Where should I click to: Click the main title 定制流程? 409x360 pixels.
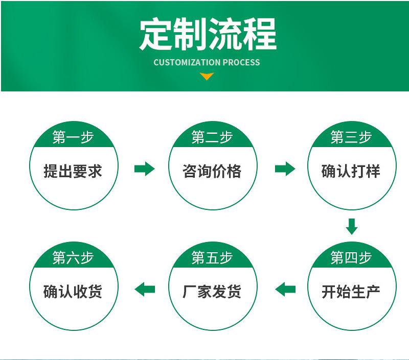(x=208, y=34)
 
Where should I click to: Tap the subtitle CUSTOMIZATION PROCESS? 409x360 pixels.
(x=207, y=62)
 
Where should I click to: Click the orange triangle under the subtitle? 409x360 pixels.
(x=207, y=76)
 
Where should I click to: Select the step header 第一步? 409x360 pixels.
(x=73, y=137)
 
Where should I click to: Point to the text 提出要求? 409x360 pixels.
(x=73, y=171)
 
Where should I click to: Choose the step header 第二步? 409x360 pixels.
(x=212, y=137)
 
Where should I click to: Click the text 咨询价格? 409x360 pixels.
(x=212, y=171)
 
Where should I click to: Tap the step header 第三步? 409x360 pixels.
(x=351, y=137)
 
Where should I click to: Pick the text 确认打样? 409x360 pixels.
(x=351, y=171)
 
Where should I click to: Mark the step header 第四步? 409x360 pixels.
(x=351, y=257)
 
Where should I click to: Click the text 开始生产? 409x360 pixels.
(x=351, y=292)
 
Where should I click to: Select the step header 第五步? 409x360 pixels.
(x=212, y=257)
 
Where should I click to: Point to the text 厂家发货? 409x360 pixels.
(x=212, y=292)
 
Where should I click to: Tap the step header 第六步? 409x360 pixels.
(x=73, y=257)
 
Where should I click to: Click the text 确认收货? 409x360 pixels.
(x=73, y=292)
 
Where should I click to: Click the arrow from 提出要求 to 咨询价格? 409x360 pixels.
(x=145, y=169)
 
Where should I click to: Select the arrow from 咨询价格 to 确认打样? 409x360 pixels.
(x=285, y=169)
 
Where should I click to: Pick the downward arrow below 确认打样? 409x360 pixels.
(x=352, y=227)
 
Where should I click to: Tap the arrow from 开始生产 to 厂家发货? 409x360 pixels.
(x=285, y=290)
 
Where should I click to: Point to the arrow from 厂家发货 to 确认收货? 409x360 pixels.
(x=145, y=290)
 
